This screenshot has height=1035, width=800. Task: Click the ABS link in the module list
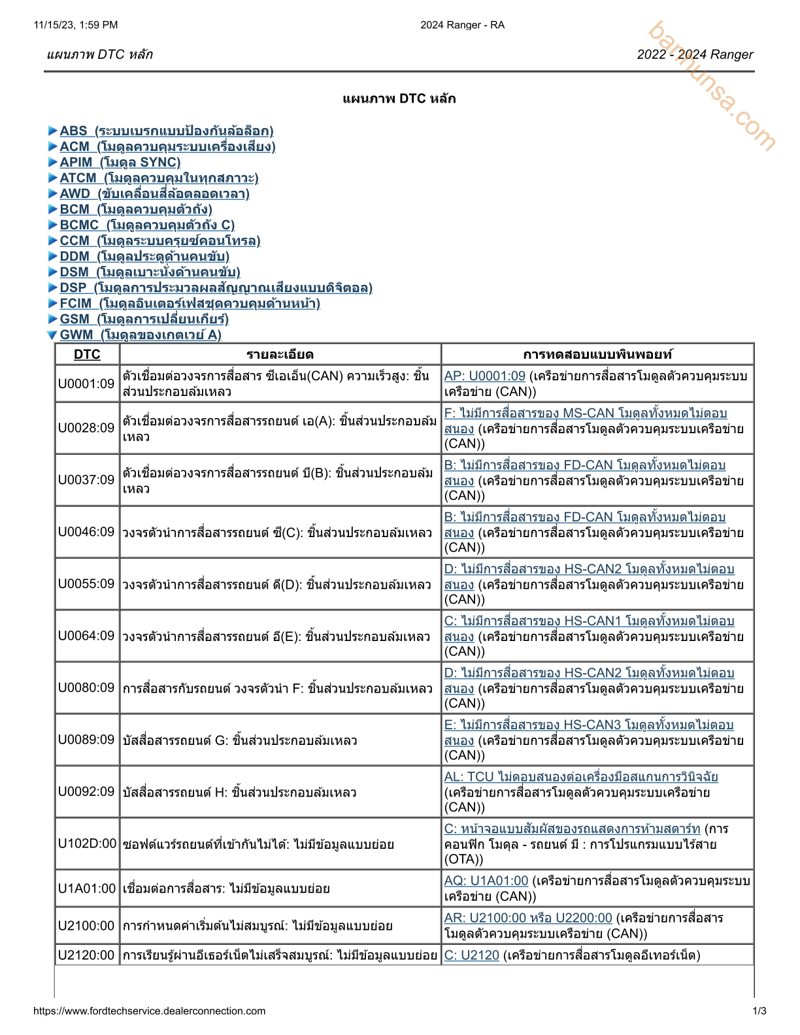pos(166,131)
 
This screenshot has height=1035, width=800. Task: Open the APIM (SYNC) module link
pos(120,162)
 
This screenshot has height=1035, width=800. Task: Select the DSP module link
pos(216,287)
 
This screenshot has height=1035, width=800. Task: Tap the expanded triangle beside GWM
pos(52,335)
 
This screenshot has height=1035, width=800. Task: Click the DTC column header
pos(87,354)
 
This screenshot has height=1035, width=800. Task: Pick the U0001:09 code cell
pos(86,384)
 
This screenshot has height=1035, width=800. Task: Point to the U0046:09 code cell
pos(86,532)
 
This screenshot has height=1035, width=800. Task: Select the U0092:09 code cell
pos(86,791)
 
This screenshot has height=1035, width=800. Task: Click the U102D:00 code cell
pos(87,844)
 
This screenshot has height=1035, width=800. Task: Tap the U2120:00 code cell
pos(86,955)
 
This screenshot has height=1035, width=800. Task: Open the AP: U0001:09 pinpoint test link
pos(485,376)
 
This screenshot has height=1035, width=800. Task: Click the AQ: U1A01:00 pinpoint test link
pos(486,881)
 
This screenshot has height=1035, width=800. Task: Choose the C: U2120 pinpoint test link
pos(472,955)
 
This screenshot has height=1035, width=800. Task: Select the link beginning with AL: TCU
pos(581,777)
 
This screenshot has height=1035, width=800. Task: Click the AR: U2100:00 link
pos(528,918)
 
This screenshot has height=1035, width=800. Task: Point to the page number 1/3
pos(759,1011)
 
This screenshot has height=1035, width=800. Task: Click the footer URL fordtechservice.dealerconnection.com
pos(149,1011)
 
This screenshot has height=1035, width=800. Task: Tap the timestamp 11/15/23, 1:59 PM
pos(76,25)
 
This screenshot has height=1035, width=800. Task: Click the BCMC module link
pos(147,225)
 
